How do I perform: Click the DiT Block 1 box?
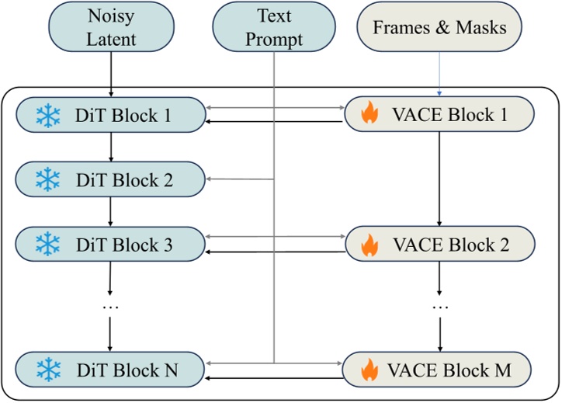[x=110, y=115]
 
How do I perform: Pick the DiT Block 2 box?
[x=110, y=179]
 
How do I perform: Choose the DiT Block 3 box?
[x=110, y=244]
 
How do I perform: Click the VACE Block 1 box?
[x=439, y=115]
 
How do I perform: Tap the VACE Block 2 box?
[x=439, y=244]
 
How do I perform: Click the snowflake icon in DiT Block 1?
[x=47, y=116]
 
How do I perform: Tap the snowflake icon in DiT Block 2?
[x=47, y=180]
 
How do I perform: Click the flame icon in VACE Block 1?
[x=369, y=116]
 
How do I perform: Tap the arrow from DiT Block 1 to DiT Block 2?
[x=110, y=147]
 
